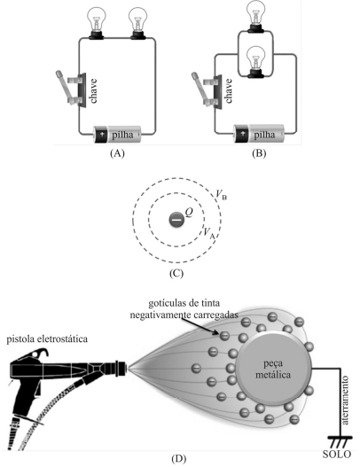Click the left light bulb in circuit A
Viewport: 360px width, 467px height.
click(x=97, y=23)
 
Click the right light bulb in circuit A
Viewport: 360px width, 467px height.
click(x=138, y=23)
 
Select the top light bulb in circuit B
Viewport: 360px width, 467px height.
click(x=256, y=16)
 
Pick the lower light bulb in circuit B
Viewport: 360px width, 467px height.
click(x=256, y=62)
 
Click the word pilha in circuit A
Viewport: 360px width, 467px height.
click(x=122, y=135)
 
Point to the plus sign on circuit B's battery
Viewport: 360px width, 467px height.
click(x=243, y=133)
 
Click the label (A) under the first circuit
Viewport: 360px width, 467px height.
click(x=117, y=153)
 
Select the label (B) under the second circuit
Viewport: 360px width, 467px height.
click(x=259, y=153)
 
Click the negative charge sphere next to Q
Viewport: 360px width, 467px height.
click(x=176, y=220)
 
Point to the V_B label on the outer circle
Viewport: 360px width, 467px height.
click(x=221, y=195)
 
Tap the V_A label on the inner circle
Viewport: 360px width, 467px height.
click(x=208, y=233)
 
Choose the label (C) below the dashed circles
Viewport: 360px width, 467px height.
click(x=176, y=274)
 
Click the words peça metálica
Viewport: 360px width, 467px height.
click(x=273, y=369)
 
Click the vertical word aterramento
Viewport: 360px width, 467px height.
click(x=345, y=401)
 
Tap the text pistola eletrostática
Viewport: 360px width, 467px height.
click(x=47, y=339)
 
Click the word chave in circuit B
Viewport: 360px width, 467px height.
click(x=229, y=91)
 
